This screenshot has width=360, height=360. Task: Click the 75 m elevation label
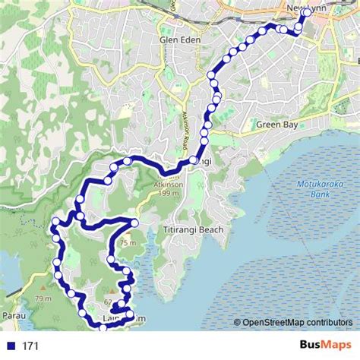pos(127,243)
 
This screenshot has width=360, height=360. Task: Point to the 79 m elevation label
pos(43,298)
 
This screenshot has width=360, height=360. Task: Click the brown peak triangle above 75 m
pos(127,236)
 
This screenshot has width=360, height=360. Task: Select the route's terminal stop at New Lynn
pos(307,12)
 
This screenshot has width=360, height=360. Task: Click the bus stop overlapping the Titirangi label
pos(194,161)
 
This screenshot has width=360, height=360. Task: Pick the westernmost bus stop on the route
pos(55,223)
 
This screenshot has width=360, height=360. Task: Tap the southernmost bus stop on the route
pos(103,328)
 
